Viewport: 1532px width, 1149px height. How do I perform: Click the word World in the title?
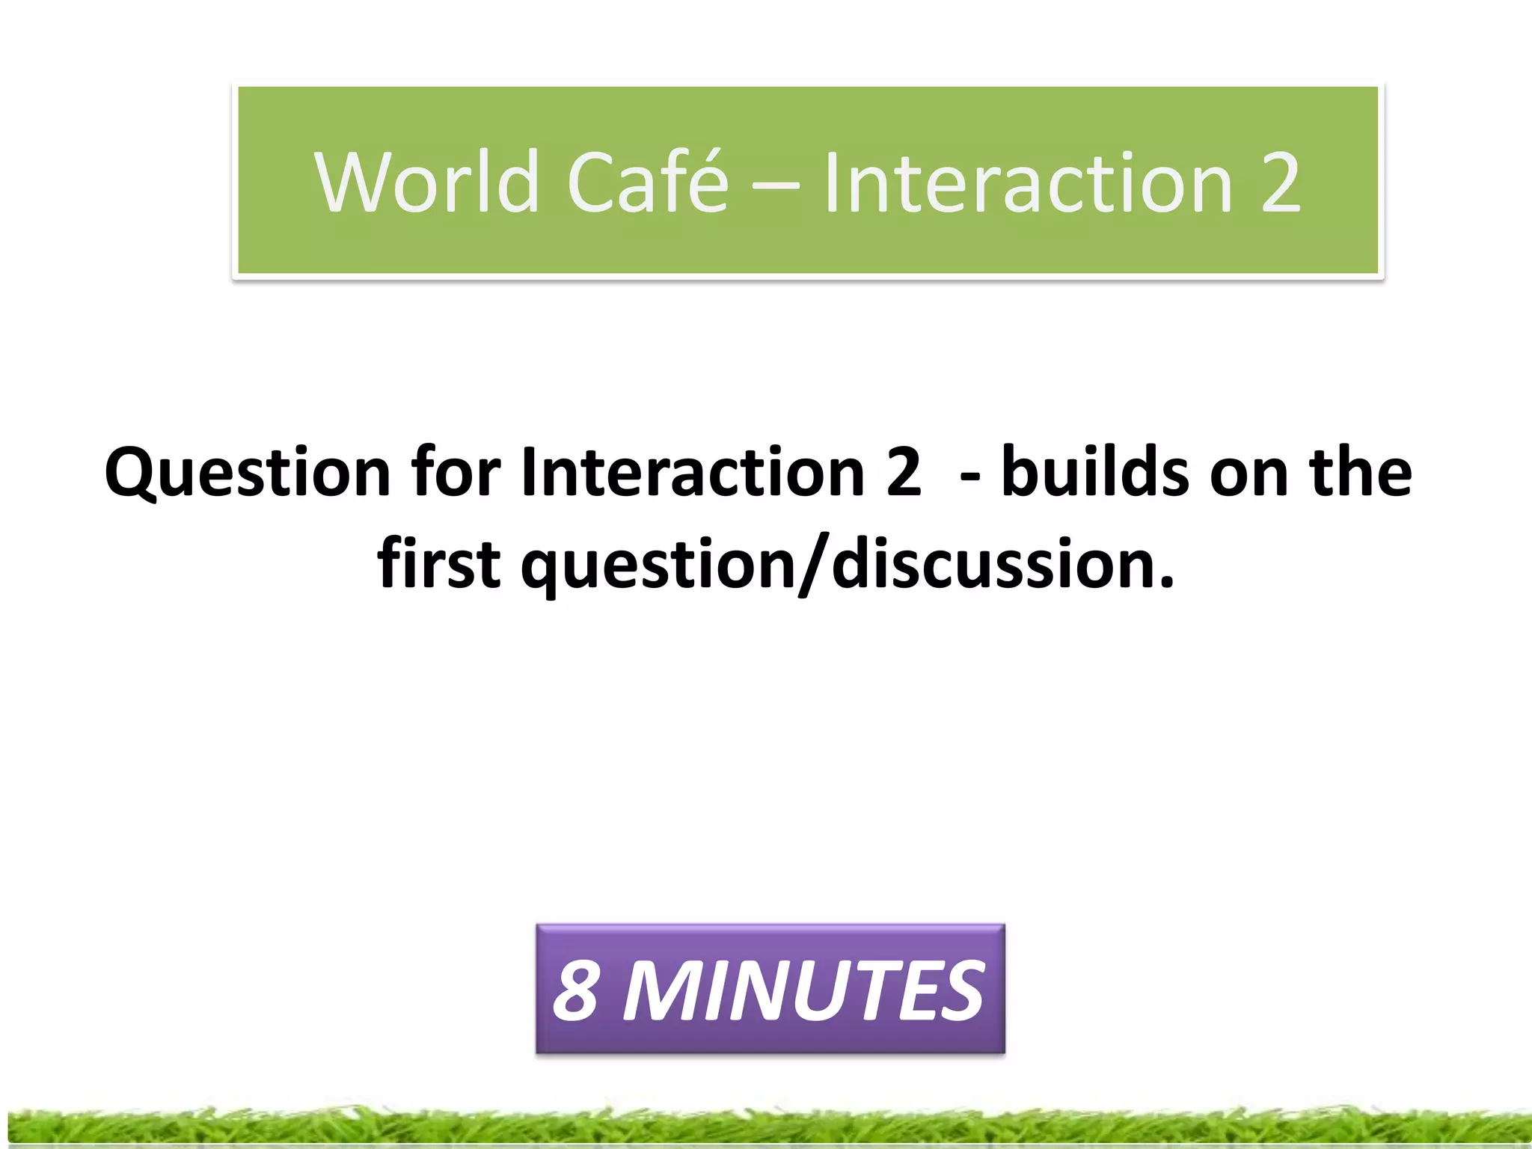tap(426, 182)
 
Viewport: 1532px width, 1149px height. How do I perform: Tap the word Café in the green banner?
tap(648, 182)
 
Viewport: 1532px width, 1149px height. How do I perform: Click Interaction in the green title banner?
tap(1029, 182)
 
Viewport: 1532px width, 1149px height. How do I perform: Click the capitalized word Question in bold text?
tap(248, 473)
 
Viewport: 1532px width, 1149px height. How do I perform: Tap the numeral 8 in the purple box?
tap(576, 990)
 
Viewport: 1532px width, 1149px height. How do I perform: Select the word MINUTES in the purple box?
tap(803, 990)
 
